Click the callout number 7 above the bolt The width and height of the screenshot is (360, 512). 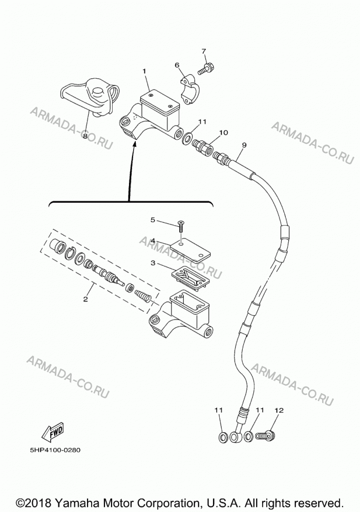(204, 51)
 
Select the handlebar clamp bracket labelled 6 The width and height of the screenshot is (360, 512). (190, 91)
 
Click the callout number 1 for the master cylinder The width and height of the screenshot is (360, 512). (144, 71)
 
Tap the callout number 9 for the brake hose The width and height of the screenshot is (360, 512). (244, 145)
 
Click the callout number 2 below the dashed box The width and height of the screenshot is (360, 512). (86, 299)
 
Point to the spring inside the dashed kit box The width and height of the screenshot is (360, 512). (143, 295)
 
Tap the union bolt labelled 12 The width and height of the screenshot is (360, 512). (265, 435)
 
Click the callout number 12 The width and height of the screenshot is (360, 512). (279, 410)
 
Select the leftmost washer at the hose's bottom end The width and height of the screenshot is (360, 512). (223, 437)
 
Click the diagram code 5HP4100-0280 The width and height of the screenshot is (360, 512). (55, 450)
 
